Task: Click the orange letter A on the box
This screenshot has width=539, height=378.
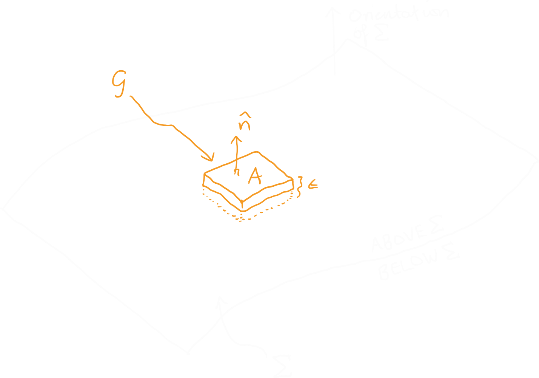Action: click(x=255, y=176)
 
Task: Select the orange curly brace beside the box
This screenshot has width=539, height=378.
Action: click(x=300, y=186)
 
